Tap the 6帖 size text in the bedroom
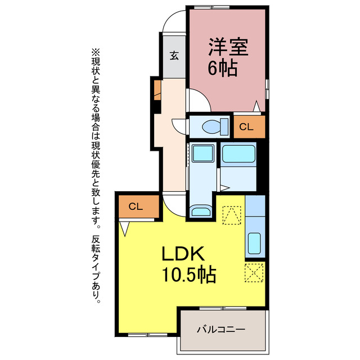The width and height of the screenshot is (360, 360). click(x=223, y=68)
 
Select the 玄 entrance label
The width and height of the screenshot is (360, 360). click(x=174, y=56)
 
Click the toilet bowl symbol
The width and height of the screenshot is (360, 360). click(x=212, y=126)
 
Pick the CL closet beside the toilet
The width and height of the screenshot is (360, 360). click(x=246, y=127)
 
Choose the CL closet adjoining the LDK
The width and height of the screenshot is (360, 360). click(x=136, y=206)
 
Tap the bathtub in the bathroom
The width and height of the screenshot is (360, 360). click(x=238, y=154)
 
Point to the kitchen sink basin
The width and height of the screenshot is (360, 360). click(x=255, y=242)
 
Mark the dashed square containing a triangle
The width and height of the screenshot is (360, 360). click(x=231, y=214)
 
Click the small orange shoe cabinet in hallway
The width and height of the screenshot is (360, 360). click(x=156, y=90)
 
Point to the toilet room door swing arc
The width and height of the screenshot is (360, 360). click(x=178, y=126)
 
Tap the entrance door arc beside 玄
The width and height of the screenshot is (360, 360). click(x=173, y=22)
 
